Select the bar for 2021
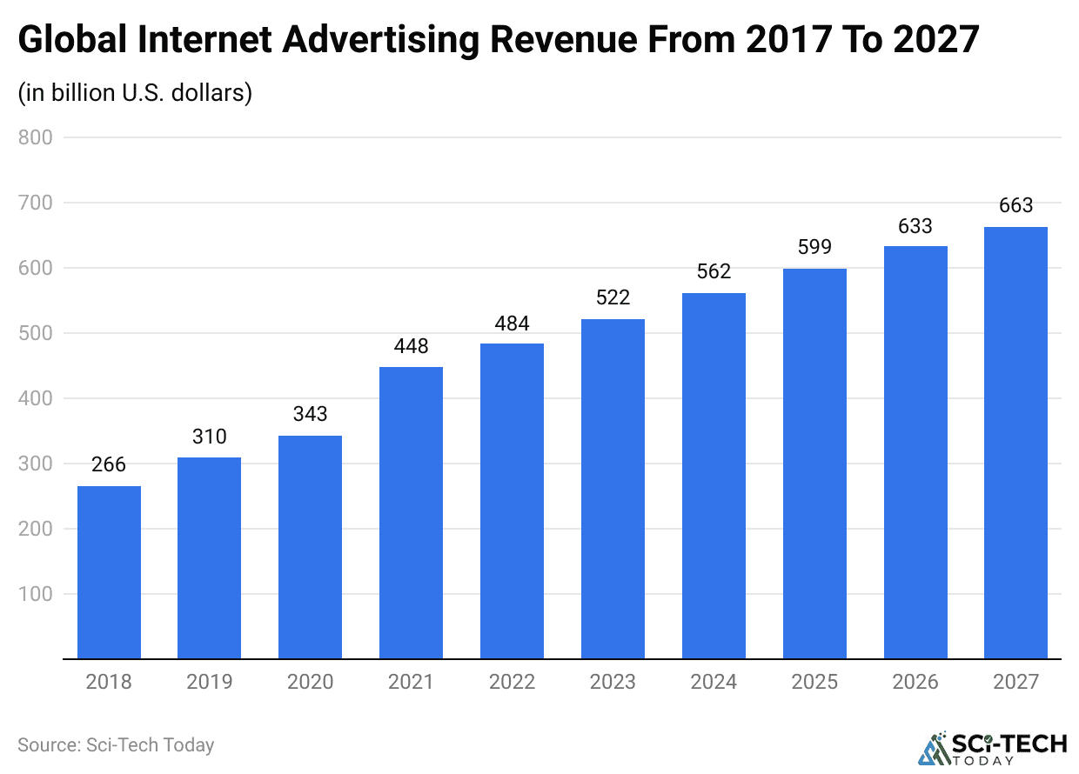click(x=411, y=513)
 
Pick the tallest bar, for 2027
click(x=1015, y=443)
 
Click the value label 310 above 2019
click(x=210, y=437)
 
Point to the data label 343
click(x=310, y=415)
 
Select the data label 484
click(x=512, y=323)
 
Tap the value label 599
click(x=814, y=248)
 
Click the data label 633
click(x=915, y=226)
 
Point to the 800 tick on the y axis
click(x=36, y=137)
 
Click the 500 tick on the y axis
click(x=36, y=333)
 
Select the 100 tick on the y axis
click(x=36, y=594)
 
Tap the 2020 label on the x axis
click(x=310, y=682)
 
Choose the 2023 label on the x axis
click(x=613, y=682)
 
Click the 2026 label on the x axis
click(x=915, y=682)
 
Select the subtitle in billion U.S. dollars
click(x=135, y=92)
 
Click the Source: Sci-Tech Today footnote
click(x=116, y=745)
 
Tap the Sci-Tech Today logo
click(x=993, y=749)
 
